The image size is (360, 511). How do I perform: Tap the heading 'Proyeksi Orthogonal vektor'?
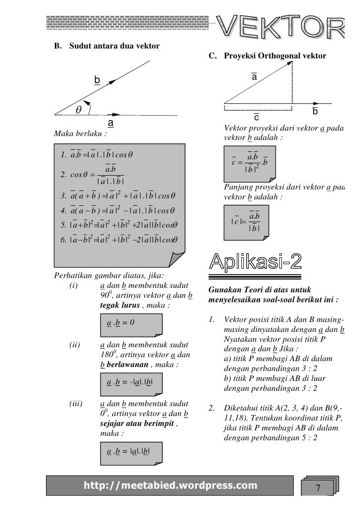click(x=275, y=56)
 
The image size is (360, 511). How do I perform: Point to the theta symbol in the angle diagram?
click(x=78, y=109)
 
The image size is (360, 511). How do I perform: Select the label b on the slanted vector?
click(x=97, y=80)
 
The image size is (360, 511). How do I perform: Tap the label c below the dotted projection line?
click(x=257, y=118)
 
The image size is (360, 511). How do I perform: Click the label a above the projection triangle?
click(x=254, y=78)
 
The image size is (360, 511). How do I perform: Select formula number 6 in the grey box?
click(x=119, y=240)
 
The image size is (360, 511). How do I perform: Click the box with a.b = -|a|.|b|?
click(x=134, y=382)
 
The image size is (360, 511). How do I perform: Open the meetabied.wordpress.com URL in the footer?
click(x=171, y=485)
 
